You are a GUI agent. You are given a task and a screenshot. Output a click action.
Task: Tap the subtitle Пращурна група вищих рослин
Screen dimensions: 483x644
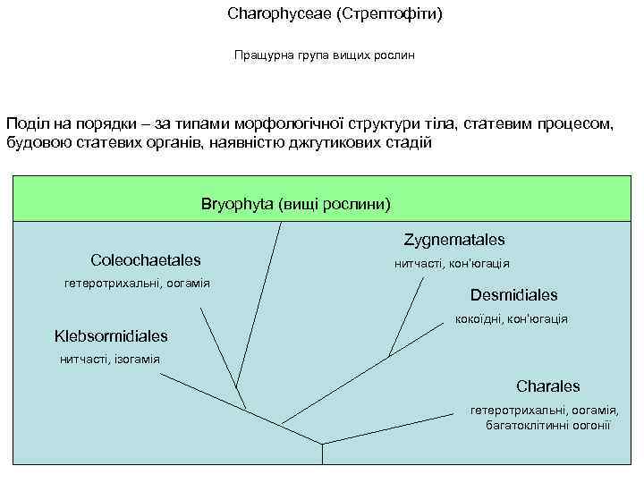point(325,55)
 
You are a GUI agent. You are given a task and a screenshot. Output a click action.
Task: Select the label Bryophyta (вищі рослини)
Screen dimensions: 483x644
point(296,204)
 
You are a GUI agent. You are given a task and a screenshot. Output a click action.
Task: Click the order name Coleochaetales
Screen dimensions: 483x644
point(146,260)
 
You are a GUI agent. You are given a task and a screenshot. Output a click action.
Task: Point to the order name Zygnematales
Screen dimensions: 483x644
point(454,240)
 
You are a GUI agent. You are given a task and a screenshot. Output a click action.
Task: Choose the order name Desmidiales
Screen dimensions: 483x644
point(513,295)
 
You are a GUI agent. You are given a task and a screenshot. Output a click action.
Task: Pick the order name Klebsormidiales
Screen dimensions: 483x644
point(111,336)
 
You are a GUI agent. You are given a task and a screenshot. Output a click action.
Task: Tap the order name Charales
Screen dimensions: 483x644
point(547,386)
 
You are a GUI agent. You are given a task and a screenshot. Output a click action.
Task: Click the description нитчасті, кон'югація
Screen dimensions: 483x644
point(452,264)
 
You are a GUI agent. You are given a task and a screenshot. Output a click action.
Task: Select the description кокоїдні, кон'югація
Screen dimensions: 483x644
point(512,318)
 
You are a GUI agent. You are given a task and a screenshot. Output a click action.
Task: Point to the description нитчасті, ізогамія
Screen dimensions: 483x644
point(109,360)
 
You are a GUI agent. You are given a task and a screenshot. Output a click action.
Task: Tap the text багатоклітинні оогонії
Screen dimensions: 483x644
point(547,425)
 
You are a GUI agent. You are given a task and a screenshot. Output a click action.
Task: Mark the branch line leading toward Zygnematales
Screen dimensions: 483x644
point(406,318)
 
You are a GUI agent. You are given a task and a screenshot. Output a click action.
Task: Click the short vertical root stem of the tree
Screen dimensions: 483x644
point(323,453)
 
